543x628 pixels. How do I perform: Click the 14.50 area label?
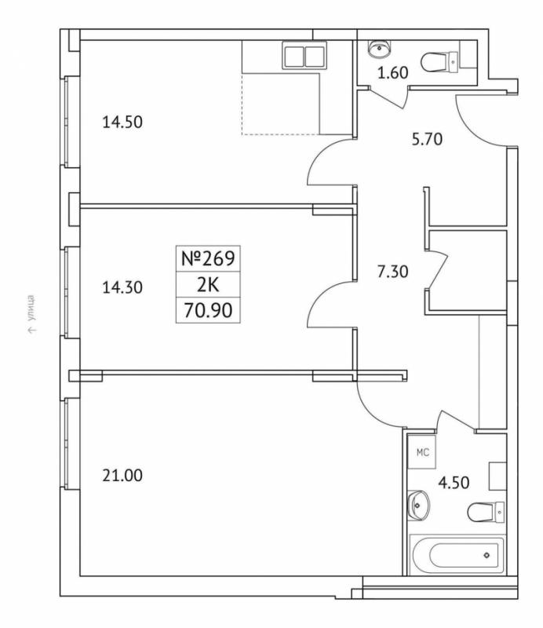point(122,122)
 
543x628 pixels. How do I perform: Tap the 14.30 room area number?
point(122,287)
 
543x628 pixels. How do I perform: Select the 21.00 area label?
point(122,476)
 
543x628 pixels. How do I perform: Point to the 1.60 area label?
point(393,73)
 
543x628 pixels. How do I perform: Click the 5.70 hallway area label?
point(428,140)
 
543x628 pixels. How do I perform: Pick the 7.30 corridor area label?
point(393,272)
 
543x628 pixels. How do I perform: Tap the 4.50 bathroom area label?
point(454,483)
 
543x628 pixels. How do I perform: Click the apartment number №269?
point(208,258)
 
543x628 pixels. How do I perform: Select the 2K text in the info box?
point(208,285)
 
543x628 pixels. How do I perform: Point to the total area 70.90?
point(208,310)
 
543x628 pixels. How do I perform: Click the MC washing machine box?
point(421,452)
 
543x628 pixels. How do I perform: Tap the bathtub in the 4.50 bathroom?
point(459,555)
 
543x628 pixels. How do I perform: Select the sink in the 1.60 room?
point(378,49)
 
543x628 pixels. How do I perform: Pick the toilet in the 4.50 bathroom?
point(486,512)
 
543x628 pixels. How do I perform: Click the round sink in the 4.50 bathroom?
point(418,505)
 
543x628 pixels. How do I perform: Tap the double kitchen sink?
point(304,55)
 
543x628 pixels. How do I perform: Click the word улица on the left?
point(31,308)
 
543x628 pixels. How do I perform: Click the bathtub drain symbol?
point(487,555)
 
